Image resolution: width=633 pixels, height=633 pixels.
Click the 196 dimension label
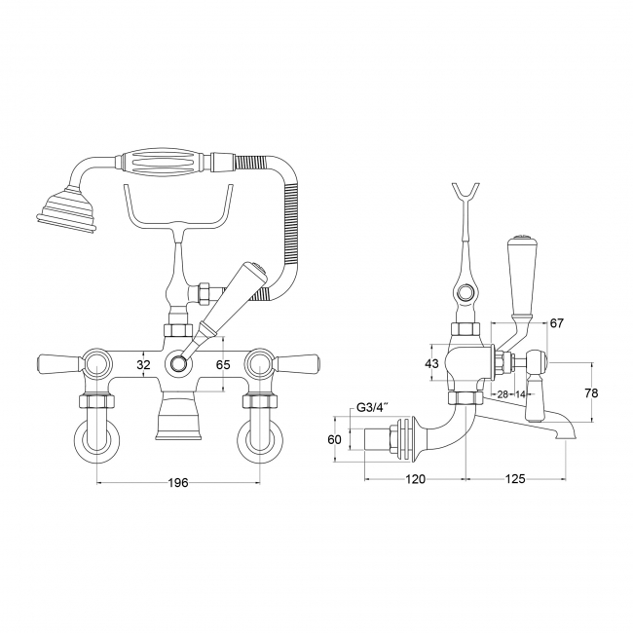[x=178, y=482]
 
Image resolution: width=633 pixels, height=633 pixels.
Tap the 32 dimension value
[x=143, y=365]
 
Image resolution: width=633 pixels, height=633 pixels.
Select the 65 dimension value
[x=223, y=365]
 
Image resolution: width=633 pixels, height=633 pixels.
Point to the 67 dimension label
[x=556, y=323]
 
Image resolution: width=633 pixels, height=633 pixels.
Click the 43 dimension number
[x=432, y=364]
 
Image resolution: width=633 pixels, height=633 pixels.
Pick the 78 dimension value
[x=591, y=392]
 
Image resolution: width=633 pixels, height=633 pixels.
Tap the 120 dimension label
[x=416, y=479]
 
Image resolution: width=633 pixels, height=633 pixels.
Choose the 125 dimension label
[x=515, y=479]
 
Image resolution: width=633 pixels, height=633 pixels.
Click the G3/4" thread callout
[x=372, y=408]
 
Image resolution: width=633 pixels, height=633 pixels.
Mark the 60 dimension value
[x=334, y=439]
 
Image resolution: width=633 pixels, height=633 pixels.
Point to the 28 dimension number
[x=502, y=394]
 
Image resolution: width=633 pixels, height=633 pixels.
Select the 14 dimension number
[x=521, y=394]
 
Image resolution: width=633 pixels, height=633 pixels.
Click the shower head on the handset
[x=65, y=209]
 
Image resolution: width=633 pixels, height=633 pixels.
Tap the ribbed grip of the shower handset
[x=165, y=161]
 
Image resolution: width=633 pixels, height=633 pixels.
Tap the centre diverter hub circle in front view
[x=177, y=364]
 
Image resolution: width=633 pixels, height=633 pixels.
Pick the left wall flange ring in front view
[x=96, y=441]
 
